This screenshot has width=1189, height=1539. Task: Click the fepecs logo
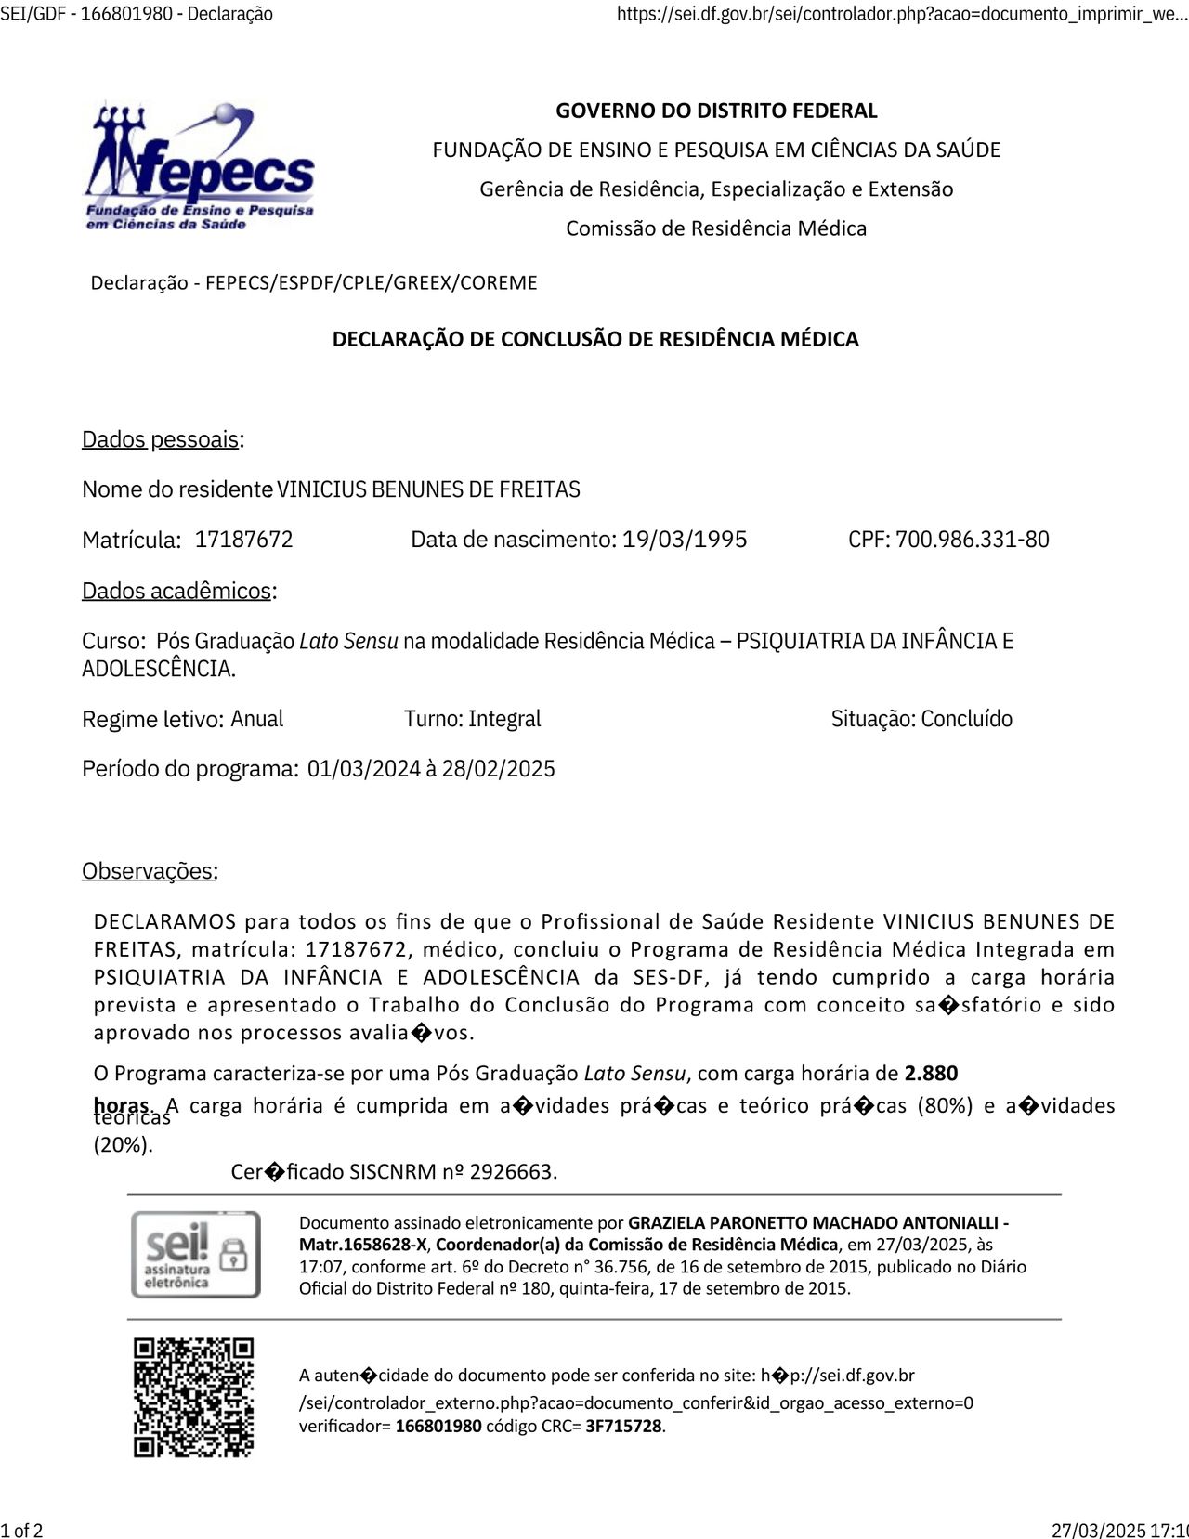pyautogui.click(x=200, y=167)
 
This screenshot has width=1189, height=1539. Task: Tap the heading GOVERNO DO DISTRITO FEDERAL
pyautogui.click(x=716, y=111)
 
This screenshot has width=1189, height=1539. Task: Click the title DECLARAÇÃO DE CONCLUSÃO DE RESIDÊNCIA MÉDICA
pyautogui.click(x=595, y=339)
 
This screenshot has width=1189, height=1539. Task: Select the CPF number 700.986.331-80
pyautogui.click(x=972, y=540)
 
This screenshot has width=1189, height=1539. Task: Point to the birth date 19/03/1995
pyautogui.click(x=685, y=540)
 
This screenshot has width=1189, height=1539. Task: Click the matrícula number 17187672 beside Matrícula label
pyautogui.click(x=243, y=540)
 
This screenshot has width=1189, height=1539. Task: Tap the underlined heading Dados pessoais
pyautogui.click(x=162, y=439)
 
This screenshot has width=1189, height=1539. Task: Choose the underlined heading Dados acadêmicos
pyautogui.click(x=178, y=591)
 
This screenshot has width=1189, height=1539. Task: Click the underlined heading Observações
pyautogui.click(x=149, y=871)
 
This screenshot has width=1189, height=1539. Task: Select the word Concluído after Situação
pyautogui.click(x=967, y=719)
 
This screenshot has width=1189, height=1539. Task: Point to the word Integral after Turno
pyautogui.click(x=504, y=719)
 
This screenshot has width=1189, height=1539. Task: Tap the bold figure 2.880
pyautogui.click(x=931, y=1074)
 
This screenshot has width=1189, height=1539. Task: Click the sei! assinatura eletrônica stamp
pyautogui.click(x=195, y=1254)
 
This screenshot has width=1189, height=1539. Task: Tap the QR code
pyautogui.click(x=193, y=1398)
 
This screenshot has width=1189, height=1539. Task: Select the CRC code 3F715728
pyautogui.click(x=624, y=1427)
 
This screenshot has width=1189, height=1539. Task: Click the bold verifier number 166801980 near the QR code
pyautogui.click(x=438, y=1427)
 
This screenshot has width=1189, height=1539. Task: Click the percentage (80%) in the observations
pyautogui.click(x=945, y=1106)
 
